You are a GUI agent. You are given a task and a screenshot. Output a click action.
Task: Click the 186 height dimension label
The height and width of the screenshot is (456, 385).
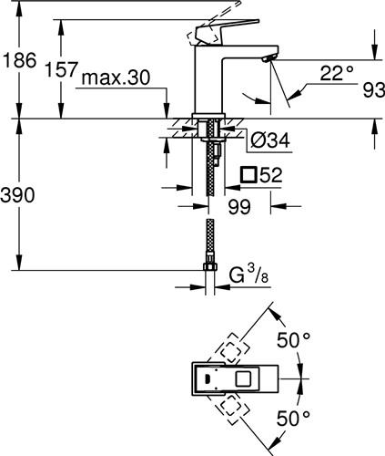(20, 60)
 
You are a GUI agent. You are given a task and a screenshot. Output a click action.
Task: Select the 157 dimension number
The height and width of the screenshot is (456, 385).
(61, 69)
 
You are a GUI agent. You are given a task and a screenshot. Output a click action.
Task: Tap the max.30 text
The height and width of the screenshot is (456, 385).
(116, 78)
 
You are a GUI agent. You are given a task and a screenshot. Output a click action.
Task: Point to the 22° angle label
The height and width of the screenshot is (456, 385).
(337, 73)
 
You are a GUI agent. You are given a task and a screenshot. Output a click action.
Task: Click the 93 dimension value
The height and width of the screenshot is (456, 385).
(374, 90)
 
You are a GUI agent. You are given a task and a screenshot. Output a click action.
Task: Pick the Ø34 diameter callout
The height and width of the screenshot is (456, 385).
(270, 140)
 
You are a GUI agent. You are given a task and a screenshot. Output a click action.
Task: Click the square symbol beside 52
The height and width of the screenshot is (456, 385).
(248, 175)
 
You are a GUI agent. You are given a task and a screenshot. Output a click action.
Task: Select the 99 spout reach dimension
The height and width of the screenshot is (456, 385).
(239, 207)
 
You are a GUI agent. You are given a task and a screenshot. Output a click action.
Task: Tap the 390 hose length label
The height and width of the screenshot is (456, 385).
(17, 195)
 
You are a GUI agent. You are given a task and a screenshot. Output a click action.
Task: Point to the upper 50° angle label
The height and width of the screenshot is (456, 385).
(293, 340)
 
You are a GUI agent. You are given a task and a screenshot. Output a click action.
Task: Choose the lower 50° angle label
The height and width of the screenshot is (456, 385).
(293, 418)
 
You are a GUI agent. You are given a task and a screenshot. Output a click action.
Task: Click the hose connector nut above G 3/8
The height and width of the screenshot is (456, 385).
(210, 266)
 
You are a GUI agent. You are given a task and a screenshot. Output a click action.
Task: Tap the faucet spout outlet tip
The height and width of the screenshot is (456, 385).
(268, 59)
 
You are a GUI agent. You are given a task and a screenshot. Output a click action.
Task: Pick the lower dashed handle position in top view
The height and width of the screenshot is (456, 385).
(231, 409)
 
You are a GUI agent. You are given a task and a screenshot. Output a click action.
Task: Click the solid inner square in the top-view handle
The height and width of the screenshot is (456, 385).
(244, 378)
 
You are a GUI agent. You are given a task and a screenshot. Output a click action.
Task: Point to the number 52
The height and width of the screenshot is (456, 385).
(271, 175)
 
